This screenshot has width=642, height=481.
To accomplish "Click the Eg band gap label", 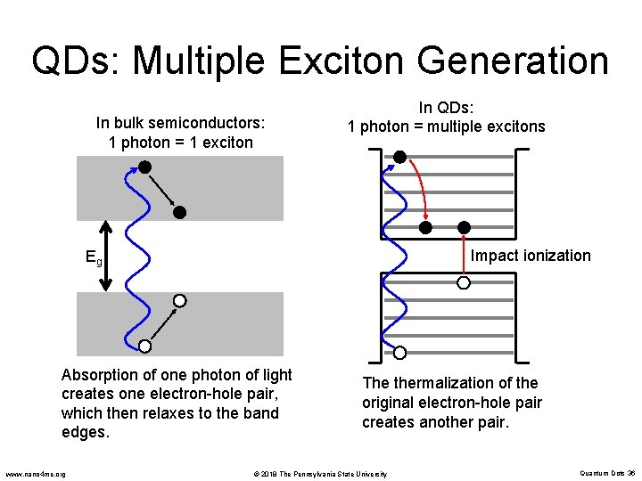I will pos(94,259).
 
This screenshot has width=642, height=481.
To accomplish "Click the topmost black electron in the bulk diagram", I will pos(144,167).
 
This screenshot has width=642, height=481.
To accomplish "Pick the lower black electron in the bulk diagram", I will pos(179,212).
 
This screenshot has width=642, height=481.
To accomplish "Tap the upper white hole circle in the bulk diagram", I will pos(179,301).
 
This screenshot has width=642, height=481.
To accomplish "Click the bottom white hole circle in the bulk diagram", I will pos(144,346).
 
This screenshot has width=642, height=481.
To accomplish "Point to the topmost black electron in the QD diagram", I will pos(400,157).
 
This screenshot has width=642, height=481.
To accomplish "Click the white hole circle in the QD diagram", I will pos(463,283).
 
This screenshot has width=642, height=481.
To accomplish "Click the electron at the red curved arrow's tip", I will pos(426,227).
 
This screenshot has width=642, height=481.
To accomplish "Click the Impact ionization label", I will pos(530,256).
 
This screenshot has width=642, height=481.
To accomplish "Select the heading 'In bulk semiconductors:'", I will pos(181,123).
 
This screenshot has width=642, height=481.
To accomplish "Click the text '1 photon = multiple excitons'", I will pos(446,126).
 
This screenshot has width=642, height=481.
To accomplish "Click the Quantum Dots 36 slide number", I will pos(606,473).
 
